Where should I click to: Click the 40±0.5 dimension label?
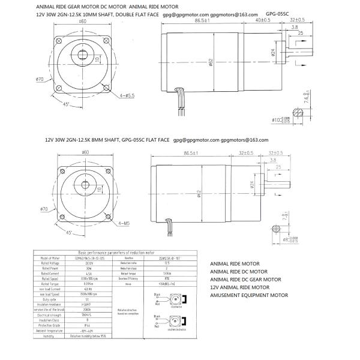pos(262,20)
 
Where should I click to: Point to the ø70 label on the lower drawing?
pos(44,209)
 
